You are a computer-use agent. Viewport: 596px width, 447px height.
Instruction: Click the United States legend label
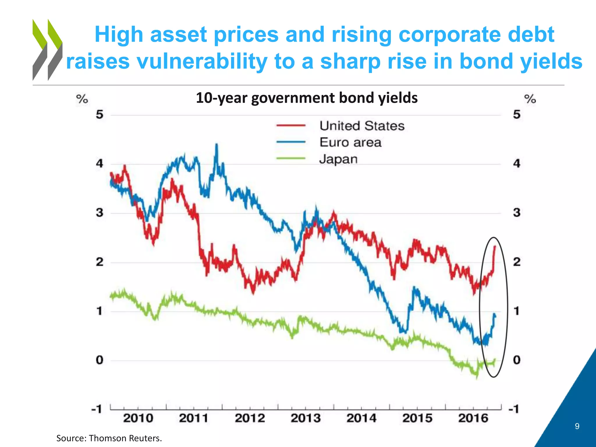tap(362, 126)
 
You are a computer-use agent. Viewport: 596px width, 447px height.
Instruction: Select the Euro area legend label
tap(350, 143)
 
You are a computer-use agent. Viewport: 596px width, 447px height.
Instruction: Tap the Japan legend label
tap(338, 159)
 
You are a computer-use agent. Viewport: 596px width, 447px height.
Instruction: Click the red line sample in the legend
tap(291, 126)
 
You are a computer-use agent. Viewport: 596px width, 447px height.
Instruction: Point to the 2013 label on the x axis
tap(306, 418)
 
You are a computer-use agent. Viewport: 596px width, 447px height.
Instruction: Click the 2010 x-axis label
tap(138, 418)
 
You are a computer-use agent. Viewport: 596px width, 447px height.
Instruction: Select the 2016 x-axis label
tap(473, 418)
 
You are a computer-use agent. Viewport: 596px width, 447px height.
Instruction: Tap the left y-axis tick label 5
tap(100, 115)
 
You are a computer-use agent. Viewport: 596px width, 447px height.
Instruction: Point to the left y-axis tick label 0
tap(100, 360)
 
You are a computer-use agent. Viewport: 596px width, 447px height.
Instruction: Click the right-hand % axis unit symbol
tap(530, 99)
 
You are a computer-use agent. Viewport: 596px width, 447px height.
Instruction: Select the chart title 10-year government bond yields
tap(307, 98)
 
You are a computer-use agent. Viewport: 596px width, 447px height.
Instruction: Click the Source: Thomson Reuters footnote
tap(109, 438)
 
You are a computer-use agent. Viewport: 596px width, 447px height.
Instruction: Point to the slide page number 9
tap(577, 426)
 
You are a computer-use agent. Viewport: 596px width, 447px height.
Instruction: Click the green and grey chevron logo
tap(47, 49)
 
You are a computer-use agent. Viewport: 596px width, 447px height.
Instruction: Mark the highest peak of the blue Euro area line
tap(216, 144)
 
